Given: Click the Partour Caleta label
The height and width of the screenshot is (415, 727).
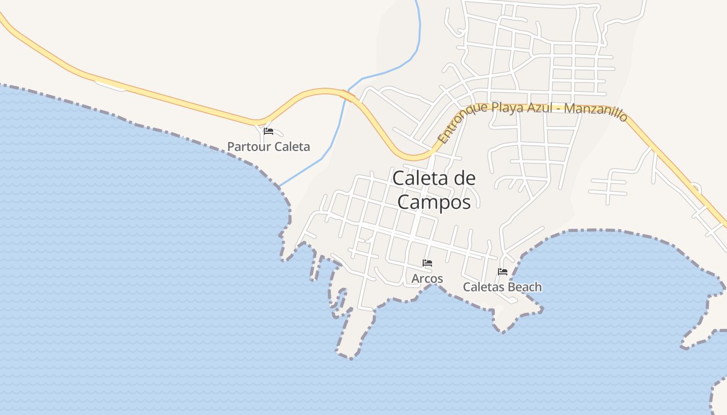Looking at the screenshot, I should (268, 147).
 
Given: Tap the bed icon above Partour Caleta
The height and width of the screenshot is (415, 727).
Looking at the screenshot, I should (268, 131).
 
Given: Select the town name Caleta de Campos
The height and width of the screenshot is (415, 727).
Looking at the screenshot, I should (434, 190).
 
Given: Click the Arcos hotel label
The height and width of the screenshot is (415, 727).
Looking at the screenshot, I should (427, 279).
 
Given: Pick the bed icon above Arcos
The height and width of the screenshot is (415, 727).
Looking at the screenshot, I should (427, 263).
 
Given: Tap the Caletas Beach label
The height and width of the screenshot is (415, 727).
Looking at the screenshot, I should (502, 287).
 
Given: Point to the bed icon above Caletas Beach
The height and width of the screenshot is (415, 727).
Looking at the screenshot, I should (502, 271).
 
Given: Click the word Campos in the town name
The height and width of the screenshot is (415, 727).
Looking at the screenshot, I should (434, 202).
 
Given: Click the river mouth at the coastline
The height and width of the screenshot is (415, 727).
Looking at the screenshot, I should (280, 185).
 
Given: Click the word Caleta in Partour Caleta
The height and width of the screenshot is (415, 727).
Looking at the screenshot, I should (292, 147).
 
